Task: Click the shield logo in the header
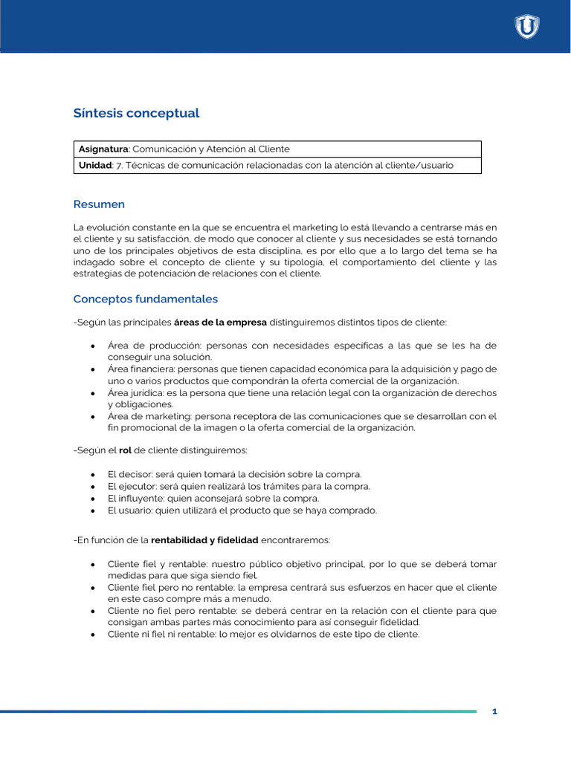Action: point(527,27)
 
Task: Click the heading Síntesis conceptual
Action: point(136,114)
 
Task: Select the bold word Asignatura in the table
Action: point(103,149)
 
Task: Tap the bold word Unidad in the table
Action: point(95,166)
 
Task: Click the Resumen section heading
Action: point(99,204)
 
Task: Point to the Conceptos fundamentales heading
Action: point(145,299)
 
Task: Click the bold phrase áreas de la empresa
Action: point(219,322)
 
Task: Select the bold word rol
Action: point(125,451)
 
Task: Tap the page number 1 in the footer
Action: point(494,712)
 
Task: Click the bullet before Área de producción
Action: point(92,346)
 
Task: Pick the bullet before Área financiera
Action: point(92,369)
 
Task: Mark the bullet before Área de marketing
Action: point(92,416)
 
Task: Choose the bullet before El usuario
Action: point(92,511)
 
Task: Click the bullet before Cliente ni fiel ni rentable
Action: point(92,635)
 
